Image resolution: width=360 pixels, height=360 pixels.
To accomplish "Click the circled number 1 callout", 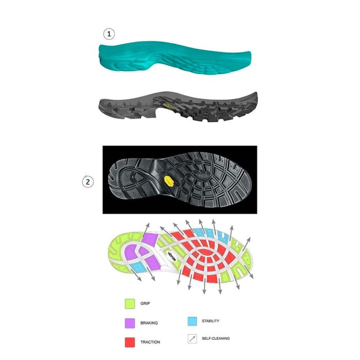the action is pos(109,34).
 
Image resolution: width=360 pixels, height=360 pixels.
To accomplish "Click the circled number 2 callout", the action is pos(88,182).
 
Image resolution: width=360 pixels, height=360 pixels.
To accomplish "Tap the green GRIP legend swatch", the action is pos(130,303).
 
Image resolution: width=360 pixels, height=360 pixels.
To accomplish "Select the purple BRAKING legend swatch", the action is pos(130,323).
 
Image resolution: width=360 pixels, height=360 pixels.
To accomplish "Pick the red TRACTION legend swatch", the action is pos(130,342).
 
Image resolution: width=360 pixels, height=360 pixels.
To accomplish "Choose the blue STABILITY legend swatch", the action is pos(192,321).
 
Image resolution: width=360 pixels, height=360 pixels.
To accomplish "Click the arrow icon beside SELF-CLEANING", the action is pos(192,338).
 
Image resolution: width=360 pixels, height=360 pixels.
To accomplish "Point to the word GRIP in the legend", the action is pos(145,303).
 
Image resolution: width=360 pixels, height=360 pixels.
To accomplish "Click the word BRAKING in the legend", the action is pos(149,323).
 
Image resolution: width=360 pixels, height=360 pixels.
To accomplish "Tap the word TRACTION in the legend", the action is pos(150,342).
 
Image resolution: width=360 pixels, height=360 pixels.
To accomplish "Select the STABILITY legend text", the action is pos(210,321).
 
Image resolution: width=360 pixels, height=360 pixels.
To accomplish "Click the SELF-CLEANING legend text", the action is pos(216,338).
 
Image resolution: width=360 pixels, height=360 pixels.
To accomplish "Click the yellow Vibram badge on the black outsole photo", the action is pos(168,181).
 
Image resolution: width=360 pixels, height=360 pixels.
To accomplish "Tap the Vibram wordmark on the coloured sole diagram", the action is pos(172,256).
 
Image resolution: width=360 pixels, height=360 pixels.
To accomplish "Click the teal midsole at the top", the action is pos(175,58).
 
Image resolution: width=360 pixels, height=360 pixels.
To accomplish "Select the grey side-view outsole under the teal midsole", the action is pos(178,106).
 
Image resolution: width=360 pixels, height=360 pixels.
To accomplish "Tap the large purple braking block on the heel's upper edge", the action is pos(150,239).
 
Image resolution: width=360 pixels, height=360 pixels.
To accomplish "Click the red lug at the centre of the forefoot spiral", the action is pos(203,252).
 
